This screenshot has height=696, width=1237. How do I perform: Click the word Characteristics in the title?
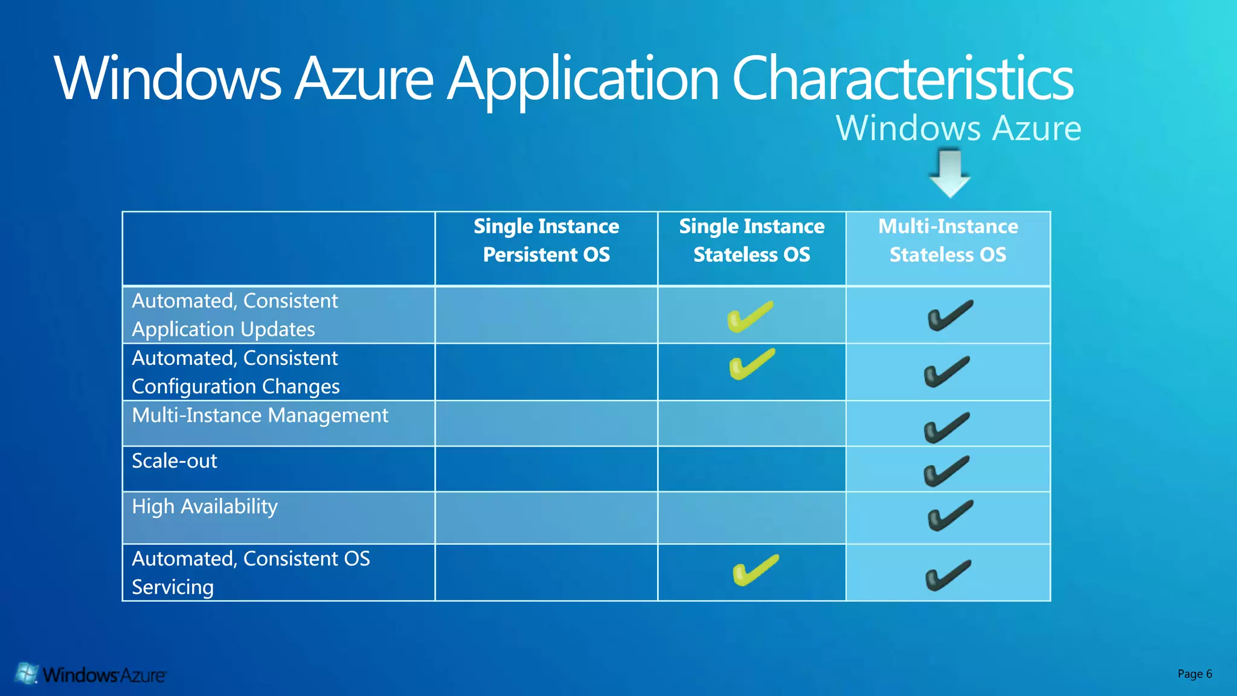(x=902, y=79)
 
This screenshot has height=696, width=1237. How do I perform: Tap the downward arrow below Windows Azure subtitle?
(x=949, y=174)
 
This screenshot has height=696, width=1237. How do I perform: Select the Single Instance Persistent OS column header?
(x=546, y=240)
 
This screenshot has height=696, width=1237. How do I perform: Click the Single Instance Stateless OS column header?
(x=751, y=240)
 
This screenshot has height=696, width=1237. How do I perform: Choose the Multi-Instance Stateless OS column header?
(x=948, y=240)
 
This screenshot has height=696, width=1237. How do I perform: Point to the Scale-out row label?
(x=174, y=461)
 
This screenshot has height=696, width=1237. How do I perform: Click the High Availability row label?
(x=205, y=506)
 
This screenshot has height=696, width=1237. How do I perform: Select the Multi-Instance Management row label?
(x=260, y=416)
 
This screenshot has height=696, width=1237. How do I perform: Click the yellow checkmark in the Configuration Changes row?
(x=752, y=364)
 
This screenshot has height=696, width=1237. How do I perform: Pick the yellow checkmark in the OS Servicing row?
(x=755, y=570)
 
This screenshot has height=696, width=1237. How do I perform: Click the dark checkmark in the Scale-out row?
(x=946, y=471)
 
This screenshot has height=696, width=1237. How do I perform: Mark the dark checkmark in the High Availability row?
(x=950, y=515)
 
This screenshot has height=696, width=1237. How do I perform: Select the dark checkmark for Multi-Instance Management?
(x=946, y=427)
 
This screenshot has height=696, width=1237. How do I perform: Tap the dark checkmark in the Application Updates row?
(x=950, y=315)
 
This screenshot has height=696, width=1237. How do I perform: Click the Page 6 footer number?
(x=1194, y=674)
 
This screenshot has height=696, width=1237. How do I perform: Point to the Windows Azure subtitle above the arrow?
(x=958, y=129)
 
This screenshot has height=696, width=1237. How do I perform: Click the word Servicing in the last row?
(x=173, y=587)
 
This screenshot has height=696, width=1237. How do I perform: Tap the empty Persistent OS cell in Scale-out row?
(x=546, y=469)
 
